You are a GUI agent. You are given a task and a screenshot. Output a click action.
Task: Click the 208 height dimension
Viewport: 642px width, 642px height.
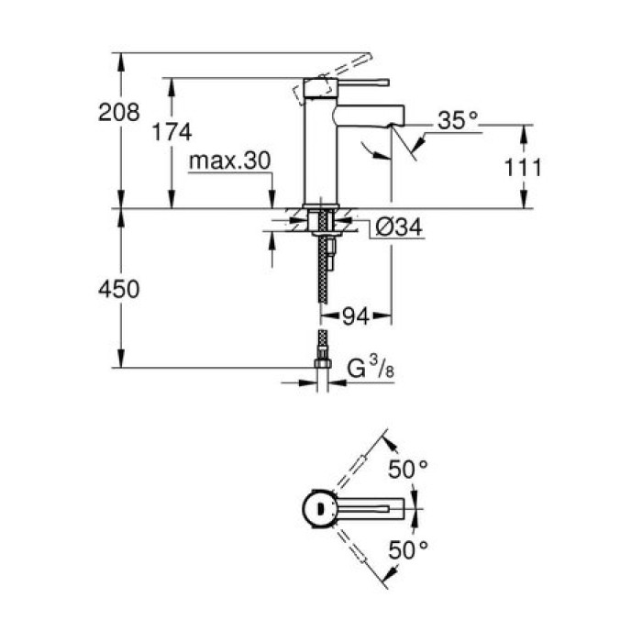tap(119, 113)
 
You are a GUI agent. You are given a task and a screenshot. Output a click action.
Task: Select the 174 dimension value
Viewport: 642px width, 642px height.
tap(172, 132)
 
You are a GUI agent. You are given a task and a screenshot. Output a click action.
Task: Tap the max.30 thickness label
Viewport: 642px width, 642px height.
tap(230, 161)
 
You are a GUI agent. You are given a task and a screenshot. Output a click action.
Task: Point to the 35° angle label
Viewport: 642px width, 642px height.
tap(459, 119)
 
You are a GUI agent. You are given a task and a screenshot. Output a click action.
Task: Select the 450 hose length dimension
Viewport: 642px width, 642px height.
tap(119, 289)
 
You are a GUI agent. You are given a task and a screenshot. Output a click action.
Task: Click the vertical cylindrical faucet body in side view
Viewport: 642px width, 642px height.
tap(321, 147)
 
